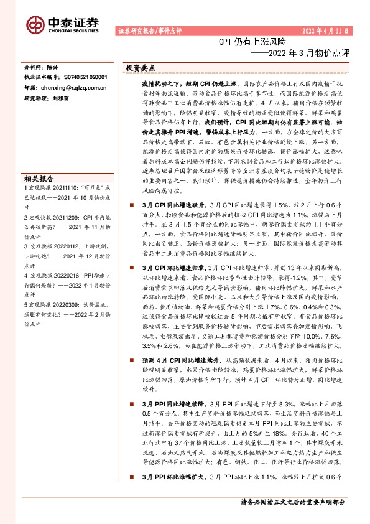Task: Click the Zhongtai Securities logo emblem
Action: pos(35,24)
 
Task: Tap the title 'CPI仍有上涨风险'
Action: pos(252,42)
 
